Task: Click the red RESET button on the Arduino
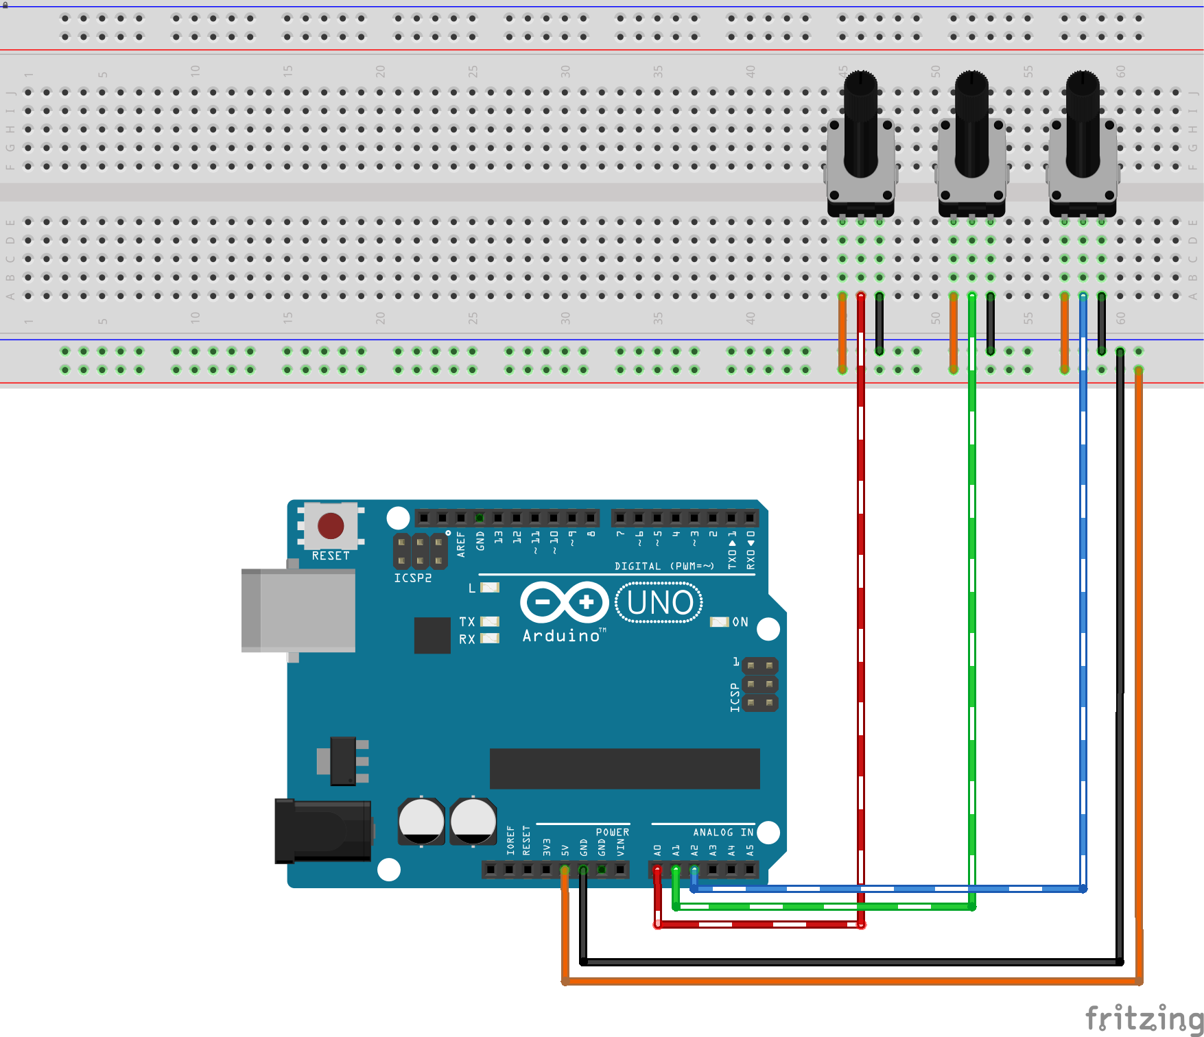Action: click(331, 526)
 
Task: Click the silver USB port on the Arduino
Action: click(298, 610)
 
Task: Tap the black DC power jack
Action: click(322, 831)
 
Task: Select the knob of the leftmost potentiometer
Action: click(860, 123)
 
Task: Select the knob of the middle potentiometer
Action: click(971, 123)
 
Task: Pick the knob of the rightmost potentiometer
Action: click(1083, 123)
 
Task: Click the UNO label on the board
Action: click(659, 603)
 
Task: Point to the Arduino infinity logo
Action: click(564, 603)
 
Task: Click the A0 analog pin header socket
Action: click(657, 870)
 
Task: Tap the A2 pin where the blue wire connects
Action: click(694, 870)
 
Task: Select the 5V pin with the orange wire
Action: click(565, 870)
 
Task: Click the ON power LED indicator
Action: click(719, 622)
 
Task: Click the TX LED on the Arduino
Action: click(490, 621)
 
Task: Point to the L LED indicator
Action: click(490, 588)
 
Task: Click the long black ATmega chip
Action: click(624, 769)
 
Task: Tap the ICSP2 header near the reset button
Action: click(420, 551)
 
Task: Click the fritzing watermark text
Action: click(1143, 1018)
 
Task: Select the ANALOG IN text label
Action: click(722, 832)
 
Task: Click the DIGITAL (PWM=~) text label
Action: click(664, 566)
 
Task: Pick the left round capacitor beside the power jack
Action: click(421, 820)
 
